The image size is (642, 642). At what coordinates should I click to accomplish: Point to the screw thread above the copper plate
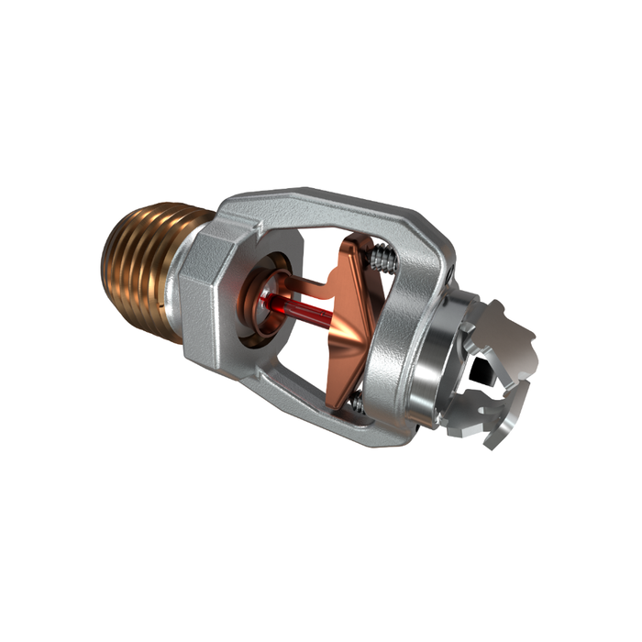pyautogui.click(x=383, y=258)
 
